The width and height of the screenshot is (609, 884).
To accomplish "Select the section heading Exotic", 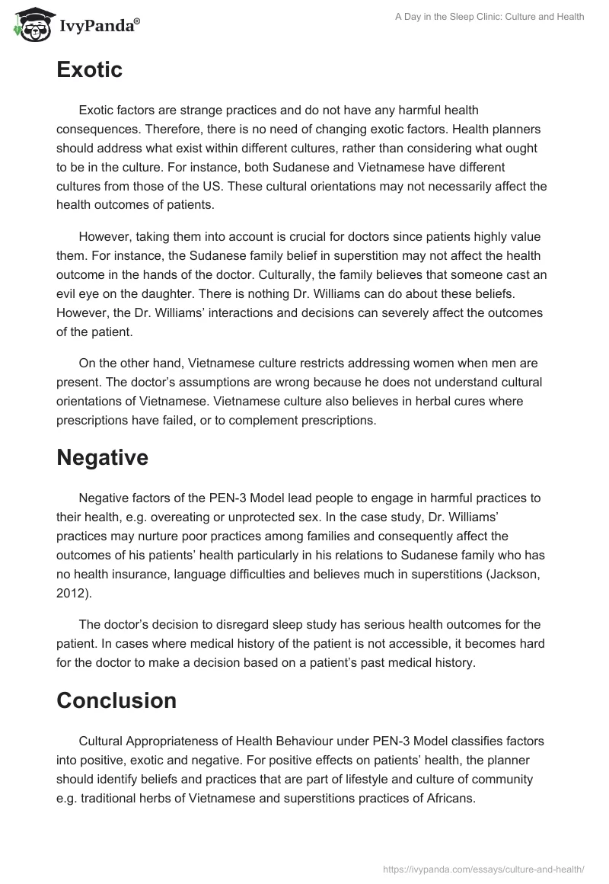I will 89,70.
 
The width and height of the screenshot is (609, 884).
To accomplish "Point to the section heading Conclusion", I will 116,700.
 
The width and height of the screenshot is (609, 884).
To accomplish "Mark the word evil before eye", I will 69,292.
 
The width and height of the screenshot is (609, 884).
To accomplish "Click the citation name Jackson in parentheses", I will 514,572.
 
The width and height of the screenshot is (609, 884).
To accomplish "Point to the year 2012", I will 70,590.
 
